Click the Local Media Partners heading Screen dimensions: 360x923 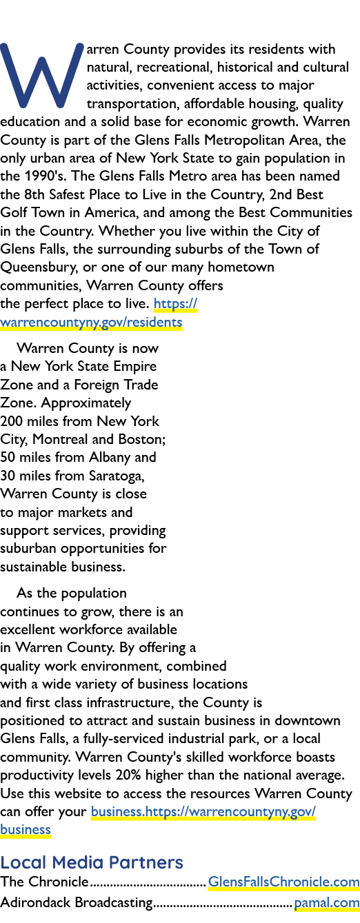coord(92,862)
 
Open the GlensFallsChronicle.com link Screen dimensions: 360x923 coord(283,882)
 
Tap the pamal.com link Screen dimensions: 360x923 coord(327,902)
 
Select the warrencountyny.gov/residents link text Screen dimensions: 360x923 coord(91,322)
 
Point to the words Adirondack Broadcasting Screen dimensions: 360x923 coord(77,902)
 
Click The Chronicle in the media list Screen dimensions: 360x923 coord(44,882)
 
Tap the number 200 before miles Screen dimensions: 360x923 coord(11,421)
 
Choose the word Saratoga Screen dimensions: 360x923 coord(117,476)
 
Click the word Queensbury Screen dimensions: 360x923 coord(39,267)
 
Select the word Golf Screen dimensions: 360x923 coord(14,212)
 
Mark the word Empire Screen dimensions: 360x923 coord(135,366)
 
